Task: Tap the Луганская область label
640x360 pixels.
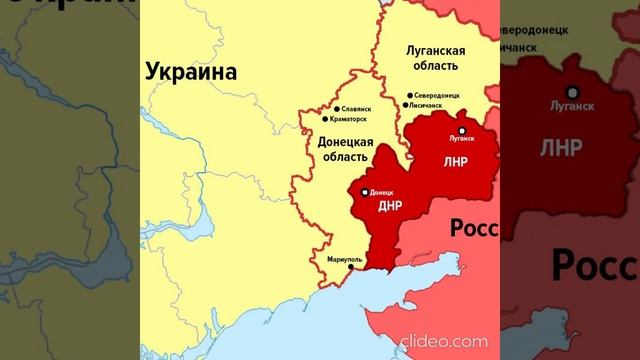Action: (x=433, y=58)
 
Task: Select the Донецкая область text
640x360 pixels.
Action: (x=345, y=150)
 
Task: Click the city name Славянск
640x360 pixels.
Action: (x=356, y=108)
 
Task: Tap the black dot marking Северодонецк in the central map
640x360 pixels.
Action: (x=410, y=96)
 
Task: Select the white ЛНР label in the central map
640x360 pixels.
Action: (x=454, y=161)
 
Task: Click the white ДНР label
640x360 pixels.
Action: (x=390, y=207)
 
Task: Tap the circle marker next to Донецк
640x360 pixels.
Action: (x=364, y=190)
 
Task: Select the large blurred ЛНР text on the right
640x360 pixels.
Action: (x=561, y=148)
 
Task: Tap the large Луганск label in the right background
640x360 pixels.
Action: (x=572, y=105)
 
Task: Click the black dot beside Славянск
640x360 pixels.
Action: (x=336, y=108)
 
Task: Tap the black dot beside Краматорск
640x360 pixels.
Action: (x=325, y=120)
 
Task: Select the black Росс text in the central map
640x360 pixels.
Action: (x=474, y=228)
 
